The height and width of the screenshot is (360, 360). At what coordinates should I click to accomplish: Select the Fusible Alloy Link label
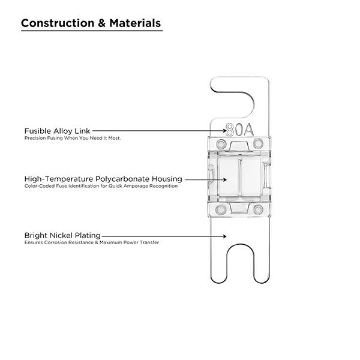pyautogui.click(x=58, y=130)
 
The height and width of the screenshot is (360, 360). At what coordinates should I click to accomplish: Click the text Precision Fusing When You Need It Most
pyautogui.click(x=73, y=138)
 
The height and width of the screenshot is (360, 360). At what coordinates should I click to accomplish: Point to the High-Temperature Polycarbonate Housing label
pyautogui.click(x=103, y=179)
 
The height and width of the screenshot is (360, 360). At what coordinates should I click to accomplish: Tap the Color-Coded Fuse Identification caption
pyautogui.click(x=101, y=187)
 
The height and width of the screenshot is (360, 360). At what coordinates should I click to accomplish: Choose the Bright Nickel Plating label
pyautogui.click(x=62, y=235)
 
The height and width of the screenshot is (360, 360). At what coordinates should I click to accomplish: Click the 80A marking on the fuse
pyautogui.click(x=238, y=130)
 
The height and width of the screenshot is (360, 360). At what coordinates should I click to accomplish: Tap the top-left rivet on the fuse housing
pyautogui.click(x=220, y=144)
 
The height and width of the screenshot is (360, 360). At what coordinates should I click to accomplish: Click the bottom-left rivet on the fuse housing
pyautogui.click(x=220, y=209)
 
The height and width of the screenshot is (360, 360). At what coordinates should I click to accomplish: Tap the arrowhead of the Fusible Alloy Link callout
pyautogui.click(x=225, y=130)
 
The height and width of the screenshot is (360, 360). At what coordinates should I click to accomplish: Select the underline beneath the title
pyautogui.click(x=91, y=31)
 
